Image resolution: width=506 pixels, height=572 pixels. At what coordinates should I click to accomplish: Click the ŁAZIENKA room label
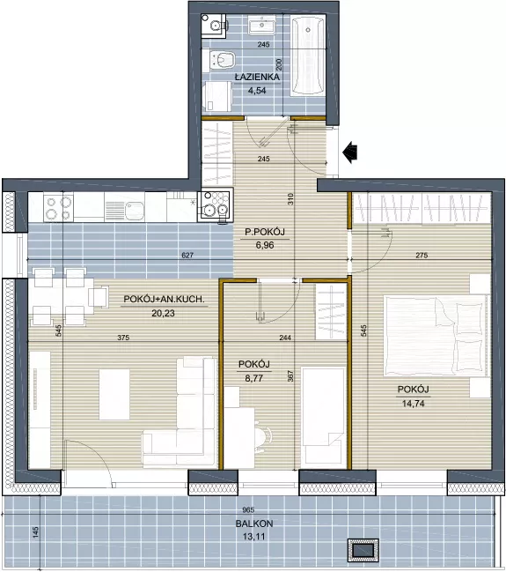(x=257, y=77)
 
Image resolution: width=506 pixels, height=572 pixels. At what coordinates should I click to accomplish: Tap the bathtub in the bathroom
(x=308, y=56)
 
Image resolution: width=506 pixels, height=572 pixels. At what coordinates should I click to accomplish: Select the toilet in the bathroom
(x=223, y=59)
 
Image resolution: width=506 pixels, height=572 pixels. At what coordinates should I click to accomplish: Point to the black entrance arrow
(x=350, y=152)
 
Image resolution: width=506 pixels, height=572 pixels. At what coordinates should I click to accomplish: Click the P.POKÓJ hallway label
(x=265, y=232)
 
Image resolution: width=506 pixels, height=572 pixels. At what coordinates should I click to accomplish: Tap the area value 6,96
(x=265, y=245)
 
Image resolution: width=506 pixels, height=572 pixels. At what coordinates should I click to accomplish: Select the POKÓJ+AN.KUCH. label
(x=164, y=299)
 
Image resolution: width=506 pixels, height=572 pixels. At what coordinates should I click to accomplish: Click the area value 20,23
(x=163, y=313)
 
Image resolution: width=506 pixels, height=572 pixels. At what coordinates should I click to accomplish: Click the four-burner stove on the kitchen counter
(x=58, y=207)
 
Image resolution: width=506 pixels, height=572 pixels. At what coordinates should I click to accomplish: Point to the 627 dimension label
(x=187, y=256)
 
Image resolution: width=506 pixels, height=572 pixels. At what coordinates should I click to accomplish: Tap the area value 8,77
(x=254, y=378)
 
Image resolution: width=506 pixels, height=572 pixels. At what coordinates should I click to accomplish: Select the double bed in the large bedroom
(x=436, y=335)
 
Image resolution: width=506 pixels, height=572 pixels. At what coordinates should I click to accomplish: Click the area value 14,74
(x=413, y=404)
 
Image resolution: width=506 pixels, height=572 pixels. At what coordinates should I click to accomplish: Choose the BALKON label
(x=254, y=524)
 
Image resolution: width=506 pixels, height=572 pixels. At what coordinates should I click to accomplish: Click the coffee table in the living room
(x=114, y=394)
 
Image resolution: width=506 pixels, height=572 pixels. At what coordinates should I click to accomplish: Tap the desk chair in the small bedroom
(x=263, y=436)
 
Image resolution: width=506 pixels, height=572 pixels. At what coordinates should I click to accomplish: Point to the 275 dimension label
(x=422, y=256)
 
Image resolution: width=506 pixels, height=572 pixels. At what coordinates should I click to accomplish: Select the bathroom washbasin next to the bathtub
(x=262, y=25)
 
